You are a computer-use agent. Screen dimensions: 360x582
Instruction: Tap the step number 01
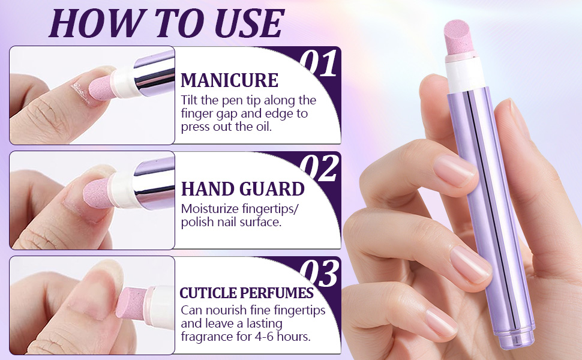319,64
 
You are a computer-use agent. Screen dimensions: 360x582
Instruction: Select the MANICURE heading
229,80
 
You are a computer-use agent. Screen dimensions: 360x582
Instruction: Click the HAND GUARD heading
242,190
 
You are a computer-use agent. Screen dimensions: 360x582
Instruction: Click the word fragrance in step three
208,337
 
